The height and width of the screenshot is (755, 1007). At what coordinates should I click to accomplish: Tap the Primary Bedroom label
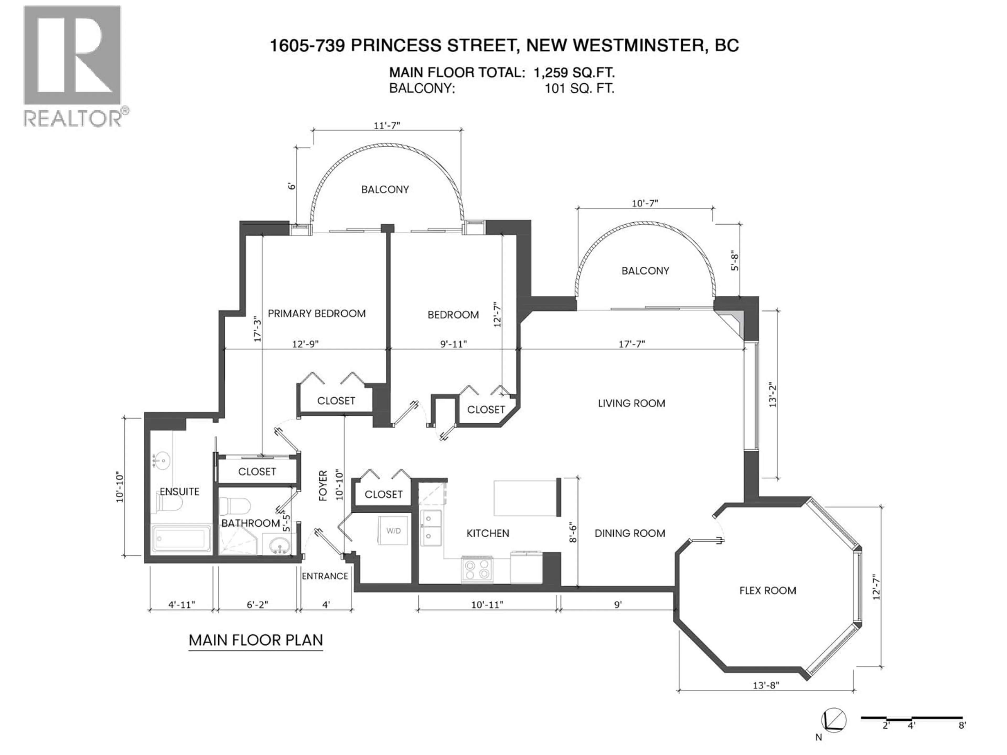point(317,314)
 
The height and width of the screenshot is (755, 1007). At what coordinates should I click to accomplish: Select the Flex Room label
point(768,591)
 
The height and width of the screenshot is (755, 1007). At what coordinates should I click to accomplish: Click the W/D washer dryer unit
point(393,531)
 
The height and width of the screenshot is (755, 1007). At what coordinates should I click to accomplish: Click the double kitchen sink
point(431,528)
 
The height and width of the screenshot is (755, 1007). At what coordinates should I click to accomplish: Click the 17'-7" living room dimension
point(632,344)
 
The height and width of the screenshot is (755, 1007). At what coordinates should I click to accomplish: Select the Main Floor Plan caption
point(256,640)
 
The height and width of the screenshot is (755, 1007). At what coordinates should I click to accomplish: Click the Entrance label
point(325,576)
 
